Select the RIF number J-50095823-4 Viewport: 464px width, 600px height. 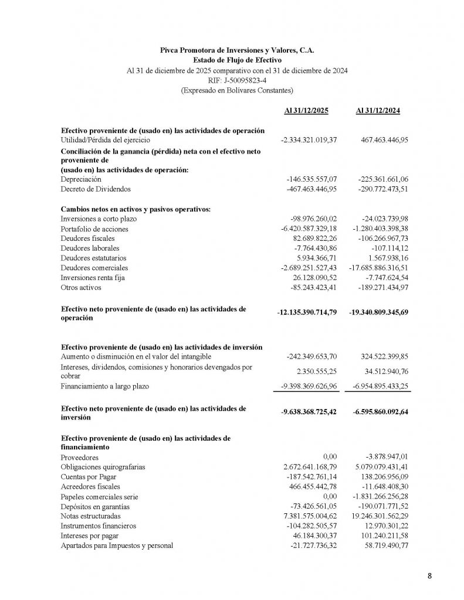tap(236, 80)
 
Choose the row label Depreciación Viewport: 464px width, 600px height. tap(81, 179)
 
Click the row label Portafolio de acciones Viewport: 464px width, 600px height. tap(94, 229)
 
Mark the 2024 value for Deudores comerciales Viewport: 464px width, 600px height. tap(380, 267)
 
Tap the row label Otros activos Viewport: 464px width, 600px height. tap(81, 287)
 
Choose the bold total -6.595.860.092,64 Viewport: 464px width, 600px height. tap(381, 411)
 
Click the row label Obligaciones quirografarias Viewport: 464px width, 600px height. tap(103, 467)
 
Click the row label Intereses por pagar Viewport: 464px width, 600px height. tap(89, 536)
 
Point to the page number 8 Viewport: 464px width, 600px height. tap(429, 576)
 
